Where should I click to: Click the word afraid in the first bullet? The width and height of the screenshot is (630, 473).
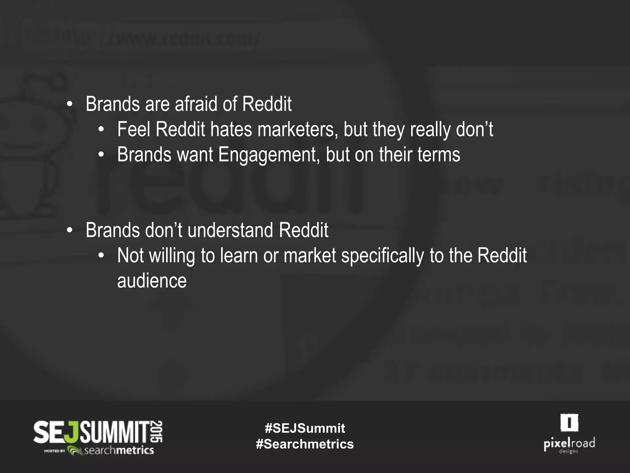pyautogui.click(x=196, y=104)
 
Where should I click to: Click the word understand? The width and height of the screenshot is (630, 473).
pyautogui.click(x=230, y=230)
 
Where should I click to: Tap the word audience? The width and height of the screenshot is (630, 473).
pyautogui.click(x=152, y=281)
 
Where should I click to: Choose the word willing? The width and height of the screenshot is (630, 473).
pyautogui.click(x=172, y=256)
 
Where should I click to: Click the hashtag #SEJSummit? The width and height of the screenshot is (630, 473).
pyautogui.click(x=305, y=428)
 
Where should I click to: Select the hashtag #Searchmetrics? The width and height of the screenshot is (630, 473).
pyautogui.click(x=305, y=444)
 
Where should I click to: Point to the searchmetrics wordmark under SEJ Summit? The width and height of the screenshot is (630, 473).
pyautogui.click(x=119, y=451)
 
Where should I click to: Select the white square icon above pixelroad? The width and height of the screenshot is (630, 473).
pyautogui.click(x=569, y=422)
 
